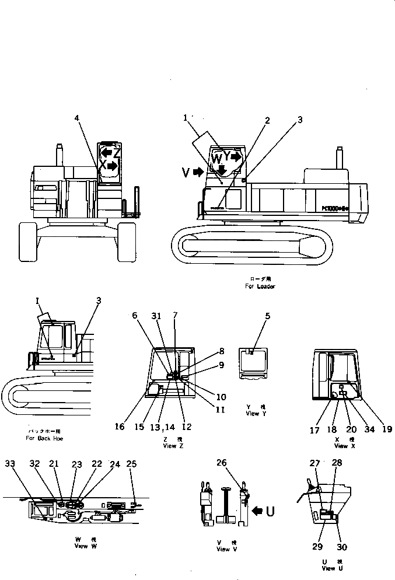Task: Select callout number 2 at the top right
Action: pos(267,121)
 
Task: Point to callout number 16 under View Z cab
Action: pos(120,427)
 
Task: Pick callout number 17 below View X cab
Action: pos(316,430)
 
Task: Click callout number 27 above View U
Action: pos(315,463)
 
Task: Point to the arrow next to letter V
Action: pos(199,172)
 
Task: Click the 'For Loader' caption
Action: pos(260,286)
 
